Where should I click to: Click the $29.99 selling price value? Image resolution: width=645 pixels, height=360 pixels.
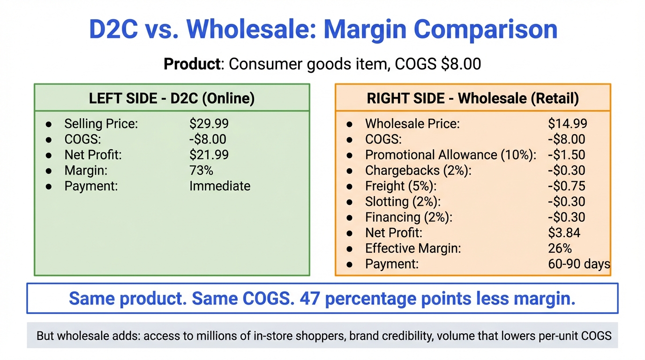209,124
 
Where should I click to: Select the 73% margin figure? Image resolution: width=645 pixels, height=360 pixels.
201,170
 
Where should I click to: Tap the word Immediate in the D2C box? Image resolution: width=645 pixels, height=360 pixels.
219,186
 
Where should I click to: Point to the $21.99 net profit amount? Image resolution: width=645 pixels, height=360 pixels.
209,155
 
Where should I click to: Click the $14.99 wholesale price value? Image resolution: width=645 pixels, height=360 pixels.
567,124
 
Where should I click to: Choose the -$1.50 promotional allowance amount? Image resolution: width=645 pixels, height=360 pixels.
566,155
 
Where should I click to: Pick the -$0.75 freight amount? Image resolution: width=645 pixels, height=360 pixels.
566,186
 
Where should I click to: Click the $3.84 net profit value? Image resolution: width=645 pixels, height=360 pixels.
564,232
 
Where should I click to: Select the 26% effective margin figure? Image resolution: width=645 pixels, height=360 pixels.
560,248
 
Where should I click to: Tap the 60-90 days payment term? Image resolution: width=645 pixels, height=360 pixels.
578,264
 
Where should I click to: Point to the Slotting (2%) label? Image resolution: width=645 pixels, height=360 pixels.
403,202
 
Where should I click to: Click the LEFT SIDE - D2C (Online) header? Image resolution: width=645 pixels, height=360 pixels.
172,98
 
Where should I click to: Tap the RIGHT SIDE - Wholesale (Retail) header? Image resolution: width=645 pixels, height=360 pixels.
472,98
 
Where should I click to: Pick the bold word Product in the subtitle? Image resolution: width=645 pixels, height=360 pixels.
192,63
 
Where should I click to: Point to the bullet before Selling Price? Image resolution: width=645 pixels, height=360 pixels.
49,124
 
